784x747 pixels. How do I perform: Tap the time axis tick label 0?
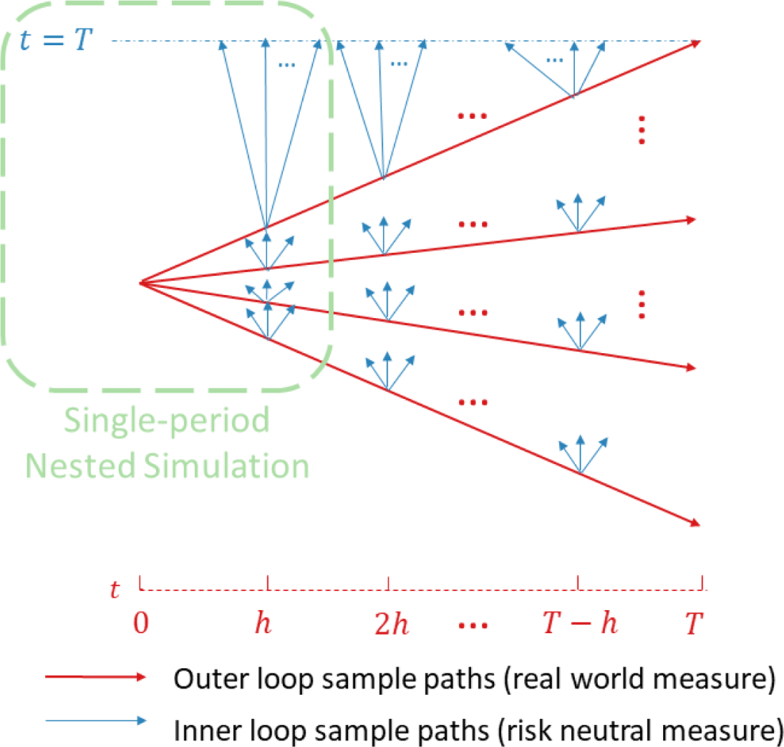pos(141,624)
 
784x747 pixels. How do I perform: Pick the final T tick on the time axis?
pos(695,624)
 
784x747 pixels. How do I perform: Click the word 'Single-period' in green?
pos(167,421)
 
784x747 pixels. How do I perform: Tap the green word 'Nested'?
pos(78,466)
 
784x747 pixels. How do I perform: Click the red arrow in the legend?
pos(96,679)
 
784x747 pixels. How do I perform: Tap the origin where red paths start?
pos(141,284)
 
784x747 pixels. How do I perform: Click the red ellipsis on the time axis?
pos(473,625)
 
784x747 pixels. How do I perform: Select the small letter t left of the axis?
pos(115,591)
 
